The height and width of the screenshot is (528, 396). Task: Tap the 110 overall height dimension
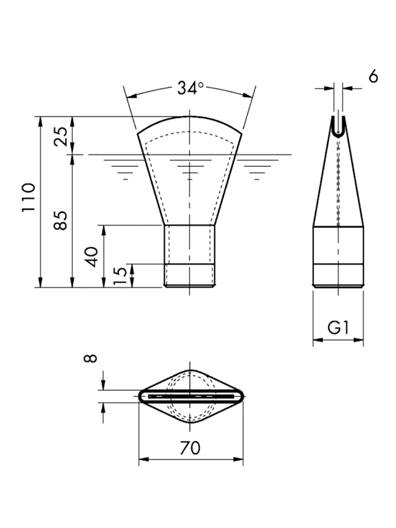coord(29,198)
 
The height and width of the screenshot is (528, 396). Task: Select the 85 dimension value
coord(60,220)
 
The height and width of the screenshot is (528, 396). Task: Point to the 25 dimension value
coord(60,136)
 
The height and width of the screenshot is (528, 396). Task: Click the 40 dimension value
coord(92,257)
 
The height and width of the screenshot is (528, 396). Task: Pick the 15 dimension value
coord(120,276)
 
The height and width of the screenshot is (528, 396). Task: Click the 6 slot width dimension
coord(373,77)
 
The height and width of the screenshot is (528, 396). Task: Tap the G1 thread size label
coord(338,328)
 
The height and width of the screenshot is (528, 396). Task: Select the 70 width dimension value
coord(190,447)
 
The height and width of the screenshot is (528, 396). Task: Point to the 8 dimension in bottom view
coord(90,358)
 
